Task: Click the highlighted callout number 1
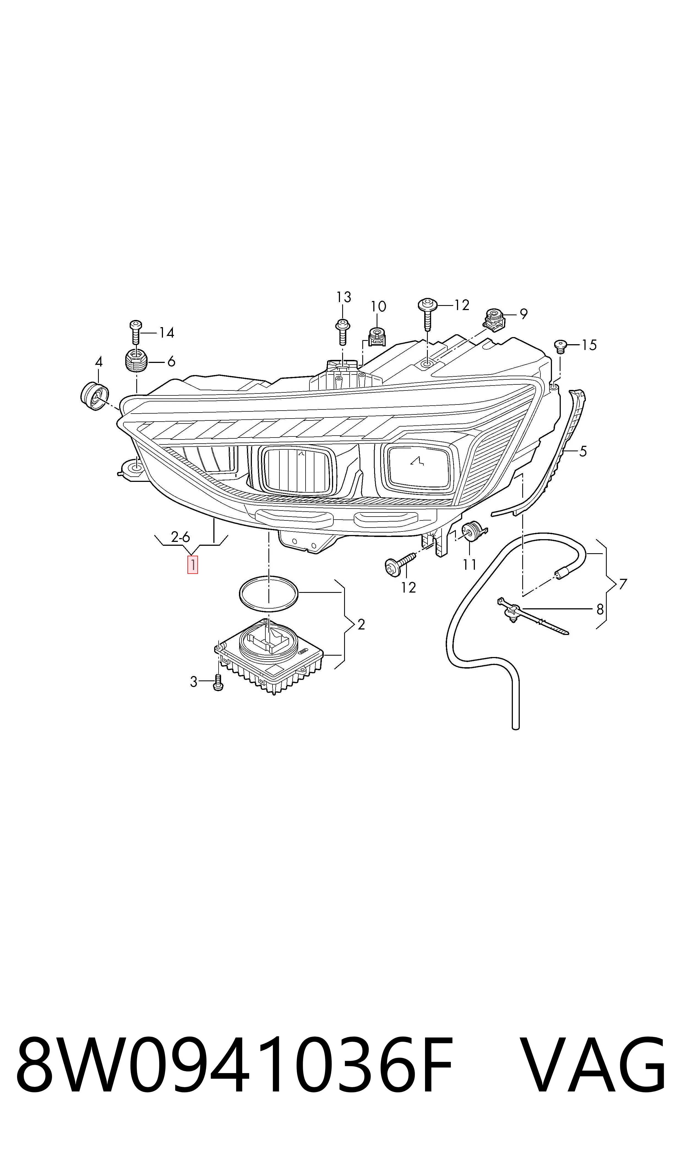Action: [192, 565]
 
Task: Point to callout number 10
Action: [378, 306]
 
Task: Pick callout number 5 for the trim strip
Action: [583, 452]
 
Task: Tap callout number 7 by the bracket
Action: [623, 584]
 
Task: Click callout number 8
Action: [600, 609]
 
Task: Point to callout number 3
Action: [194, 682]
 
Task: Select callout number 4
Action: [99, 362]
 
